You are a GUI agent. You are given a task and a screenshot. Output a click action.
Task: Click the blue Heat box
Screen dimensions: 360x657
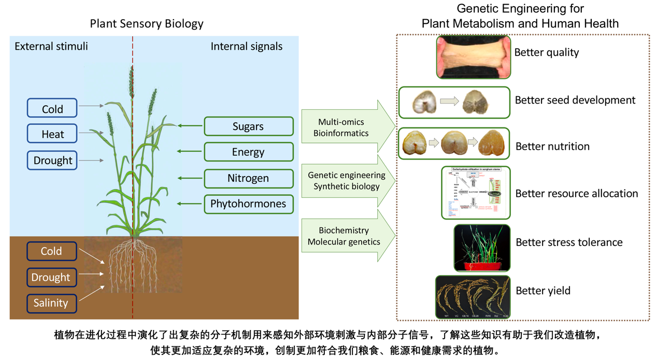pos(52,134)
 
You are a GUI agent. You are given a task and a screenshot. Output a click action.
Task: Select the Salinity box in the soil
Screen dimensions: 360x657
pos(51,303)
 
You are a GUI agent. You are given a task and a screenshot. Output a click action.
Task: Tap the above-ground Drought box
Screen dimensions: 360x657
pos(52,161)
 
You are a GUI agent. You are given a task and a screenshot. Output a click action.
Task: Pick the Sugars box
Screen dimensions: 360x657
pos(248,126)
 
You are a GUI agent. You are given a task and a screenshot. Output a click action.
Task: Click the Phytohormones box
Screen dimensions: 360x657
pos(248,204)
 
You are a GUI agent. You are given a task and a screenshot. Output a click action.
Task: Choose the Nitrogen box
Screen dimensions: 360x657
pos(248,178)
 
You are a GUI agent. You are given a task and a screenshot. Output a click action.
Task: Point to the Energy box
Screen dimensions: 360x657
pos(248,152)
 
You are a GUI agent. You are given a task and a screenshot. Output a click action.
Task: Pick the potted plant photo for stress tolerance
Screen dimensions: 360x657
pos(482,248)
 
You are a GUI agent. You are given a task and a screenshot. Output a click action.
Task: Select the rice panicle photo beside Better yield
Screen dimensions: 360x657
pos(473,296)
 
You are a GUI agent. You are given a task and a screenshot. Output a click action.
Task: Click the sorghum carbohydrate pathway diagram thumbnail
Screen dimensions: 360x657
pos(476,192)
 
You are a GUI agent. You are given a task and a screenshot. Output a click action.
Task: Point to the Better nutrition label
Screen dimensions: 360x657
pos(552,147)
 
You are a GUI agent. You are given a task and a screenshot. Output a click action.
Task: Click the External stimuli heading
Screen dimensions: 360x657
pos(51,47)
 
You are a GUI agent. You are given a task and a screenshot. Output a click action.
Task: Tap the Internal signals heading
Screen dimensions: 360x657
pos(247,47)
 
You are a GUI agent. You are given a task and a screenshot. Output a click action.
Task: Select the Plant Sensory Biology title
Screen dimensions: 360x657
pos(147,24)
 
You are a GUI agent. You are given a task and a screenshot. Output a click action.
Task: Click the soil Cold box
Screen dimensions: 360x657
pos(51,251)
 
